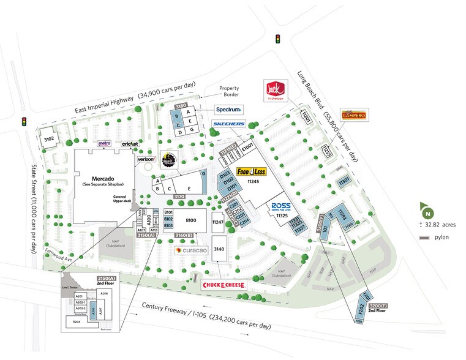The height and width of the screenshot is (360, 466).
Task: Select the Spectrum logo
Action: [229, 110]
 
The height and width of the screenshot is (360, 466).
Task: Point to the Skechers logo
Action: [228, 124]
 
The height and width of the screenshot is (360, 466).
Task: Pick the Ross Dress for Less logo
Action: [280, 206]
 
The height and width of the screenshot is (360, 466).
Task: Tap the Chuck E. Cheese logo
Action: [224, 285]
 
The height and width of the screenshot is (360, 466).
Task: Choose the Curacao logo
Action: [192, 250]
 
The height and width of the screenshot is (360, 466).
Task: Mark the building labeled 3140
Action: [219, 249]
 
